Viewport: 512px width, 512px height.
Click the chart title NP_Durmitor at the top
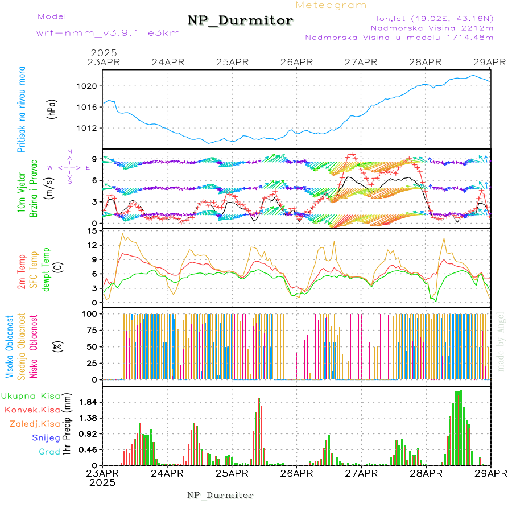click(240, 20)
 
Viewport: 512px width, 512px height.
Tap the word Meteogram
click(332, 5)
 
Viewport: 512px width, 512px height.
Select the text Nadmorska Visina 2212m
click(432, 27)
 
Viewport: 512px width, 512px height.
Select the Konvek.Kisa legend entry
click(32, 410)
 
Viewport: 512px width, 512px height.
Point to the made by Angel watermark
click(501, 340)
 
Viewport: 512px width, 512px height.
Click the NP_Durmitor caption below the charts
click(220, 495)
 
